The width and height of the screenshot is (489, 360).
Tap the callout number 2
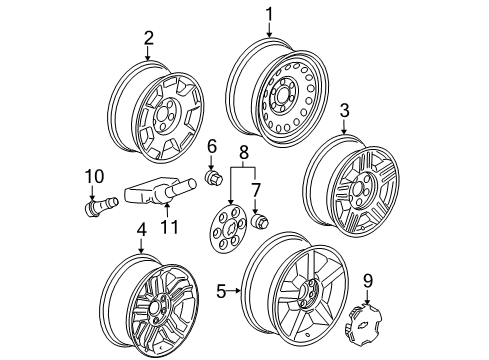click(148, 38)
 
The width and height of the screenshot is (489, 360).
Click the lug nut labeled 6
click(213, 178)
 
